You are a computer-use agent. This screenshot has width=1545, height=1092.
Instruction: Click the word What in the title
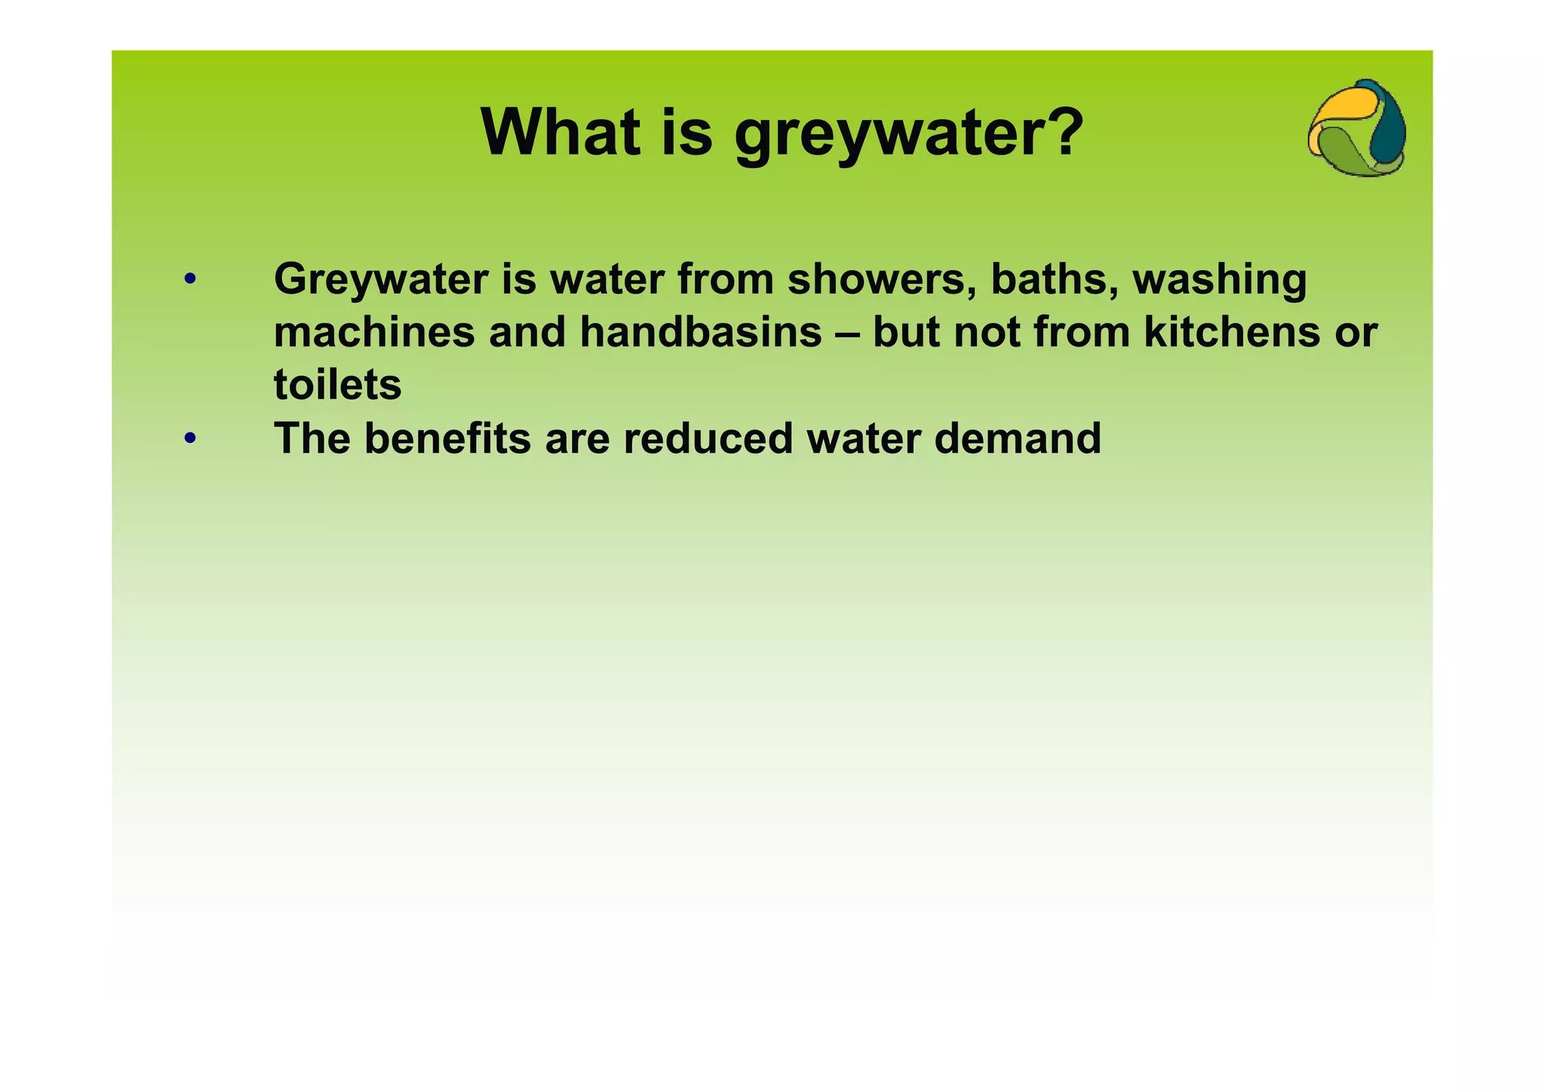point(562,132)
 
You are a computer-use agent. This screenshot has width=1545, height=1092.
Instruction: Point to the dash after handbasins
point(847,334)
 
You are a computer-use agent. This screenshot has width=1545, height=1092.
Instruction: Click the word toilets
point(337,385)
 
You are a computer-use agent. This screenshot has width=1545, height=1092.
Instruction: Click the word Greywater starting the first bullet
point(381,281)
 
